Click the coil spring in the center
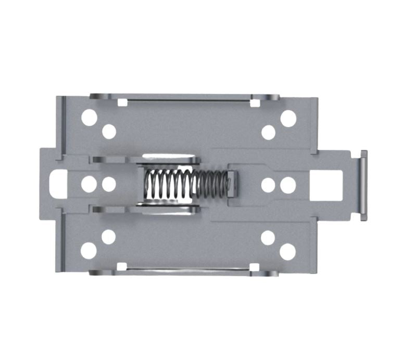[185, 185]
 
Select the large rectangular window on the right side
[326, 185]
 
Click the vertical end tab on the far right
[363, 185]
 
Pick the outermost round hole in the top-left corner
[89, 118]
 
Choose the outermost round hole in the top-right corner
[288, 118]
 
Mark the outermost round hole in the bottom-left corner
[89, 251]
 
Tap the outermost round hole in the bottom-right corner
[287, 252]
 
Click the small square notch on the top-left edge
[122, 102]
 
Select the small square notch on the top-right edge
[255, 103]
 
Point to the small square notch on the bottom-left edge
[122, 266]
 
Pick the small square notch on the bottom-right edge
[255, 267]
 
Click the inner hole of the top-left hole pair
[109, 131]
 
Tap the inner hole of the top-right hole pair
[268, 132]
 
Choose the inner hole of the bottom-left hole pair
[108, 237]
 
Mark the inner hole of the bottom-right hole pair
[268, 238]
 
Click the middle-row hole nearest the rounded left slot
[89, 184]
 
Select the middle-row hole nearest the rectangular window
[288, 185]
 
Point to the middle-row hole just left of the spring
[109, 184]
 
